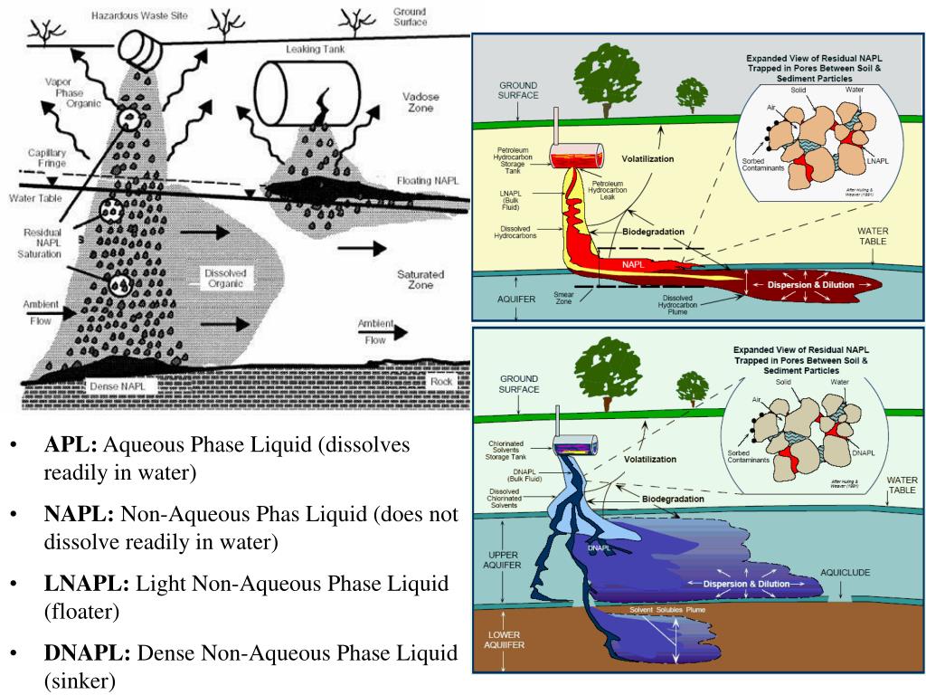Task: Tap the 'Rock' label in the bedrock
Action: coord(441,381)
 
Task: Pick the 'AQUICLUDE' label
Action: coord(849,573)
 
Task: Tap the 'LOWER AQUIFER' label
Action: coord(506,640)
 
